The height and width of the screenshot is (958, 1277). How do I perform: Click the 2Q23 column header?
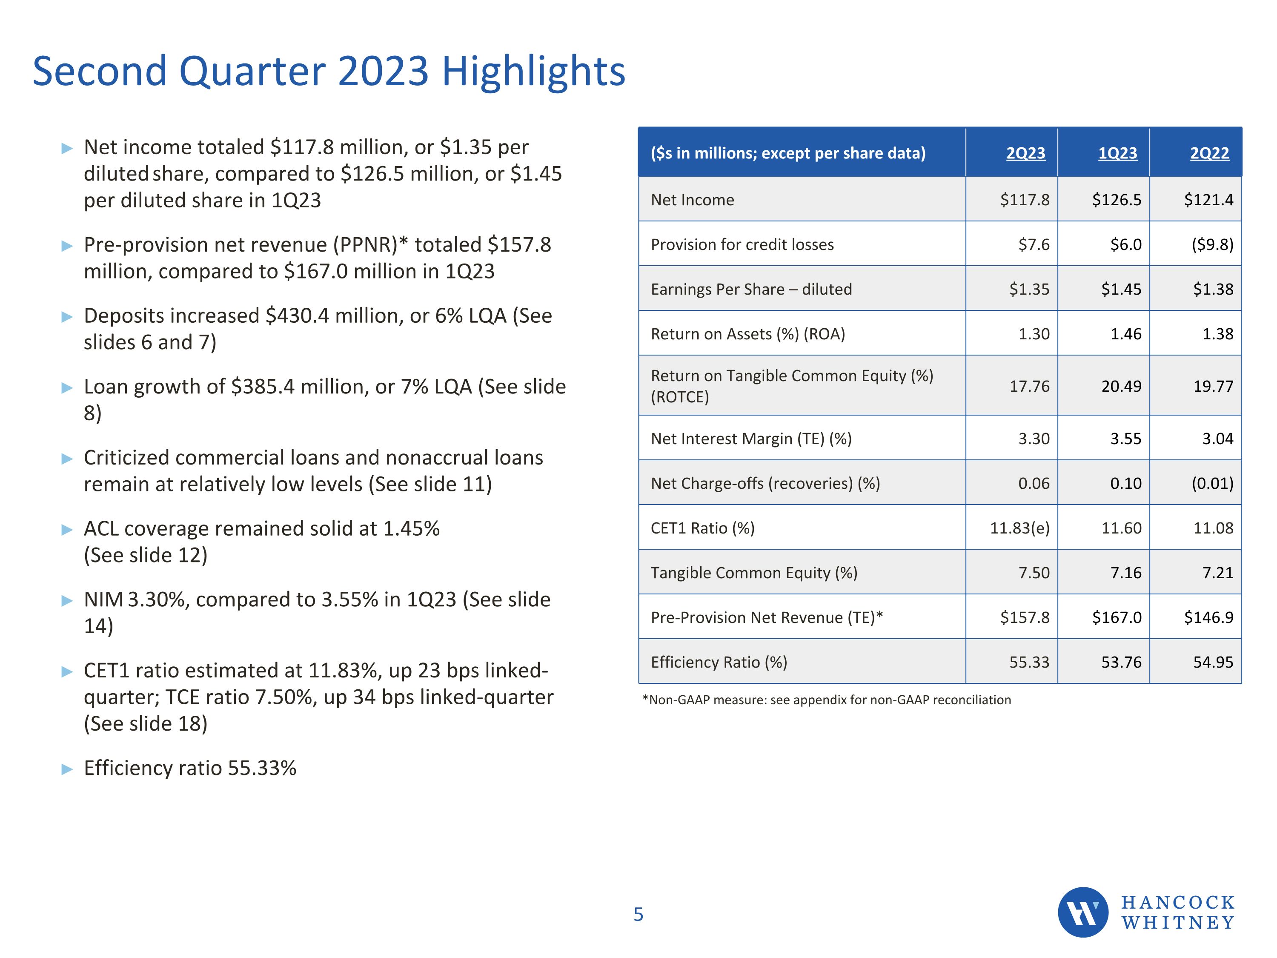click(x=1025, y=153)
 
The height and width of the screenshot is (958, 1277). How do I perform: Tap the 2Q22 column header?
click(x=1209, y=153)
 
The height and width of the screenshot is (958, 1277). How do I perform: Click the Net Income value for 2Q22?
click(x=1208, y=200)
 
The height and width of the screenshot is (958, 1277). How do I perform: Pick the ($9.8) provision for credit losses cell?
click(x=1212, y=244)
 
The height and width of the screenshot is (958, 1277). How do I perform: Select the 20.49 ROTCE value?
click(x=1121, y=386)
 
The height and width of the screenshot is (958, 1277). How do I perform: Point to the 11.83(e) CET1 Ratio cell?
click(x=1019, y=528)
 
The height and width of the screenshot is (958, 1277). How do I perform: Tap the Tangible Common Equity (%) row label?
click(x=754, y=572)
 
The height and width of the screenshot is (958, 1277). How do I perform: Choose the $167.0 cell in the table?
click(x=1117, y=617)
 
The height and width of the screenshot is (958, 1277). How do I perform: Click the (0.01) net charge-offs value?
click(x=1212, y=483)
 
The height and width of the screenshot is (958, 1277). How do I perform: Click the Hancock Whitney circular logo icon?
click(x=1082, y=912)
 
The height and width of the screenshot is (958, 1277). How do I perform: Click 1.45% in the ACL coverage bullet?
click(x=411, y=529)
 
